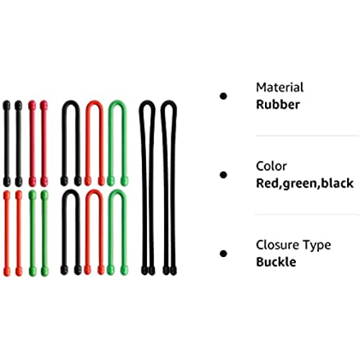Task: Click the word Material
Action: coord(279,87)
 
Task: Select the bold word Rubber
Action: coord(278,104)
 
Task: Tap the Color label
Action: coord(271,166)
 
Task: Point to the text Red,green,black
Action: coord(305,184)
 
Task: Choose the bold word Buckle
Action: coord(276,262)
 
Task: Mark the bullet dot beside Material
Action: coord(223,96)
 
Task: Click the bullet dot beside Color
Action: coord(223,175)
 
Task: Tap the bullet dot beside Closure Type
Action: coord(223,253)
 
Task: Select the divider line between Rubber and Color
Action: coord(307,136)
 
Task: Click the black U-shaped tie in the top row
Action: coord(63,144)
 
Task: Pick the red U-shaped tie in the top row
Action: coord(87,144)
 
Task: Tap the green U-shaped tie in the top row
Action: coord(110,144)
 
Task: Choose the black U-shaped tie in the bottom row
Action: coord(63,233)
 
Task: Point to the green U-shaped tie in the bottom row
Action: coord(110,233)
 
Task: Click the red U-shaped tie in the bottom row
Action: coord(87,233)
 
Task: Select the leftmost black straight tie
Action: coord(6,143)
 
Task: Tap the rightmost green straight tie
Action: coord(45,233)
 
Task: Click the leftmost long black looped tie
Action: coord(144,187)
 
